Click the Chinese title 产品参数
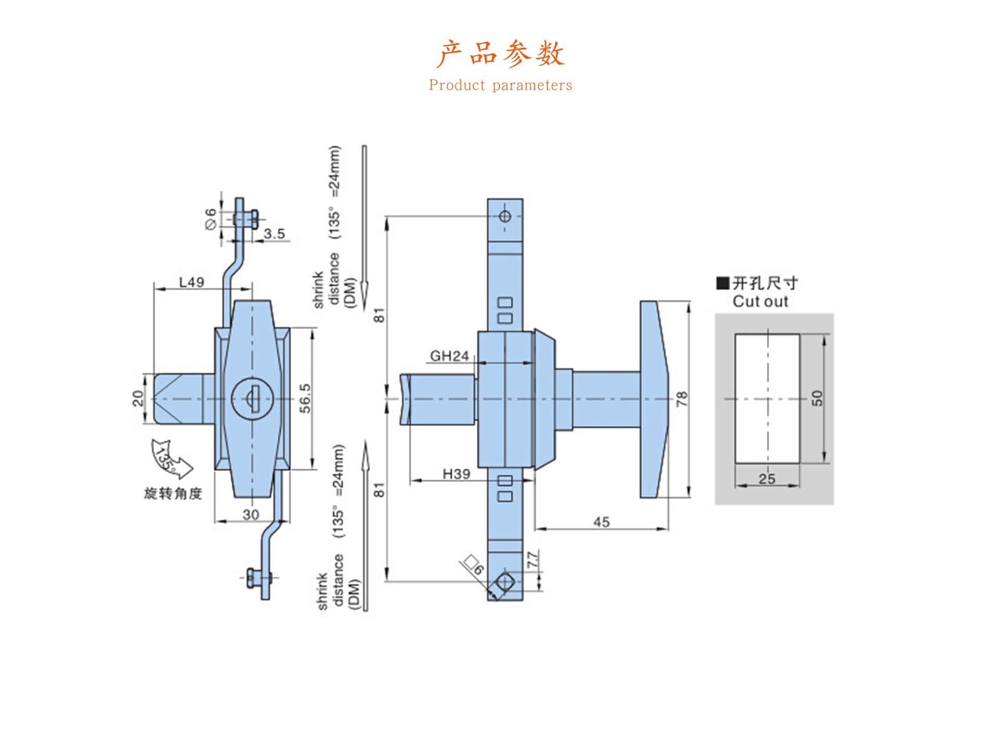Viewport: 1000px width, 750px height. [x=500, y=54]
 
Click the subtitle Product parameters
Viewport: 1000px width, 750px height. [x=501, y=85]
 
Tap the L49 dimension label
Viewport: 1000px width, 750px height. [x=192, y=282]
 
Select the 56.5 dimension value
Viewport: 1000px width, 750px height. [x=306, y=398]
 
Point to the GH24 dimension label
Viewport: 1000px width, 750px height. [x=449, y=356]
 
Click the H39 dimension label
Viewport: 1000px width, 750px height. [x=456, y=474]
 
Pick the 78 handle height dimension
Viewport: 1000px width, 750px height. [x=682, y=399]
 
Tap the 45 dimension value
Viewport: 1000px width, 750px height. [x=601, y=522]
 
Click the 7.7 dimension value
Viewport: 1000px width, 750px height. [x=532, y=560]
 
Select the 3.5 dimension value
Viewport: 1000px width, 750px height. [x=274, y=234]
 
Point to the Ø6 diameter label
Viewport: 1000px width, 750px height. [x=210, y=219]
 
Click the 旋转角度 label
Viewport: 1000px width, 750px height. [x=173, y=493]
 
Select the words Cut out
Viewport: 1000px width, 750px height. [x=760, y=302]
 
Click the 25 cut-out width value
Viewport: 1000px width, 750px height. [x=767, y=479]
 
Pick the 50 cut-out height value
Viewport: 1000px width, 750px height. [x=817, y=398]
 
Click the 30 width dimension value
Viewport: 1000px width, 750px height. [x=251, y=515]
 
